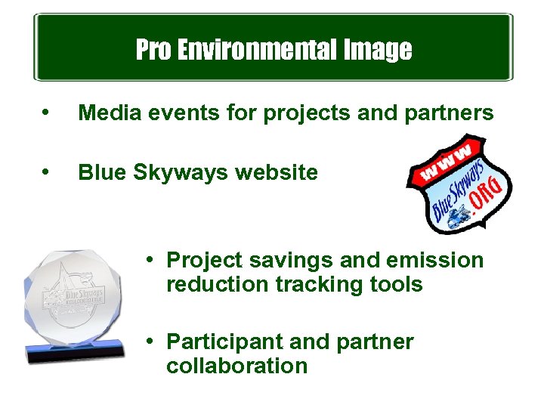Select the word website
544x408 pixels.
coord(277,173)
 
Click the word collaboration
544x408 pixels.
coord(236,366)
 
